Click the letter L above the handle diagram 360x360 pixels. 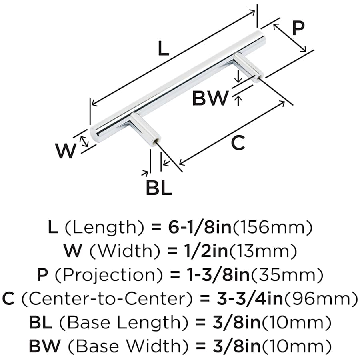(x=163, y=49)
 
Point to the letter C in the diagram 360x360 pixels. (x=238, y=143)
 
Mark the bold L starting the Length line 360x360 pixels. (x=52, y=228)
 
